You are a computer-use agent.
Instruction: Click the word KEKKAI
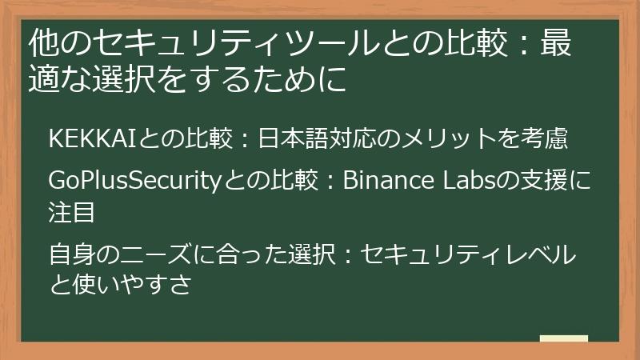tap(94, 138)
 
